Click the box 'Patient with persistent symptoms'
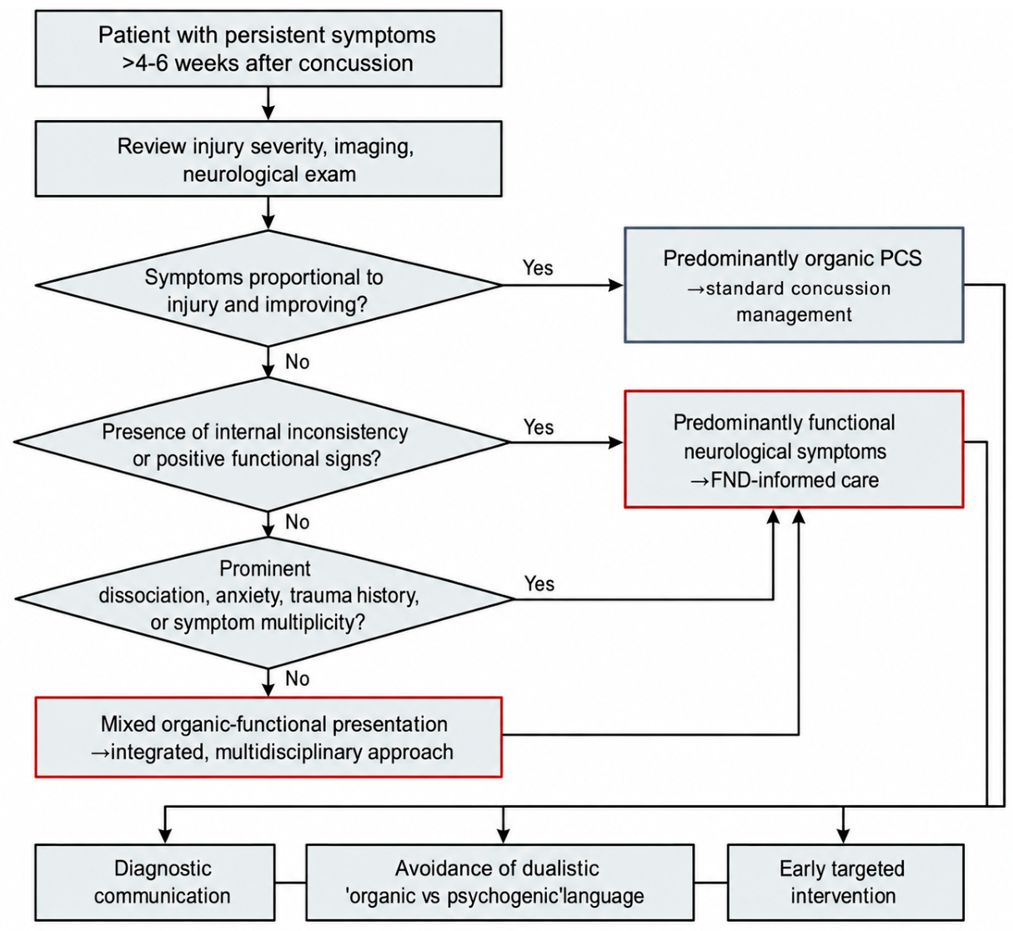(268, 48)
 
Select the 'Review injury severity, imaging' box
(268, 158)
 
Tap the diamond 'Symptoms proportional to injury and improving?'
(268, 288)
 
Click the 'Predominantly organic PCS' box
(794, 285)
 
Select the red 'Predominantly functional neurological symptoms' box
(794, 449)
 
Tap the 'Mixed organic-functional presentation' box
(268, 737)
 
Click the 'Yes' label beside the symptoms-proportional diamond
(538, 268)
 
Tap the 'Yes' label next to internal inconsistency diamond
(539, 427)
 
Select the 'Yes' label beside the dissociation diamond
(539, 583)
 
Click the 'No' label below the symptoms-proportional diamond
(297, 362)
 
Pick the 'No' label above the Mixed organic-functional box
(297, 678)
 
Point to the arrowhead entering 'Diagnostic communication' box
(165, 837)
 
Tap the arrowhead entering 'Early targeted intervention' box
(843, 837)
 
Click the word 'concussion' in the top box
(355, 63)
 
